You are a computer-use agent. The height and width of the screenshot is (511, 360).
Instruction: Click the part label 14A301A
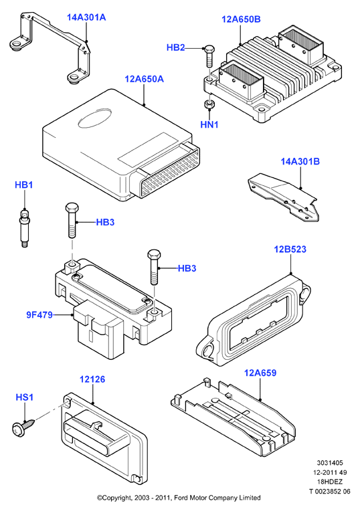point(86,17)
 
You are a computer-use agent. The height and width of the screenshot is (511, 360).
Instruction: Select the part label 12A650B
point(241,19)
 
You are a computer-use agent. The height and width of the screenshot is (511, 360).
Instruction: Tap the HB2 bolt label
point(175,47)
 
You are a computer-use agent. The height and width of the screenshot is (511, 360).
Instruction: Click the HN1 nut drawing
point(208,105)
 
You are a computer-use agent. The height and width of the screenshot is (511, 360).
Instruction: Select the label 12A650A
point(144,79)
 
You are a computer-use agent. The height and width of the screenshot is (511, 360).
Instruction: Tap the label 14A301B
point(300,162)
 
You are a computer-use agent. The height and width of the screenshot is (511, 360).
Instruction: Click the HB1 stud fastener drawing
point(24,229)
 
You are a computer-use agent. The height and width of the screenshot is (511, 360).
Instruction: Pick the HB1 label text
point(24,185)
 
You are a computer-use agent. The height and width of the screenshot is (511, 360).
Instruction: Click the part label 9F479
point(39,315)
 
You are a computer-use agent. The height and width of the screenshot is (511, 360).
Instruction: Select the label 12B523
point(290,249)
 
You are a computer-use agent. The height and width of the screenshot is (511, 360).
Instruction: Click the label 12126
point(92,379)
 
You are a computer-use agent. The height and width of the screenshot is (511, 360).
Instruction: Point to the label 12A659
point(260,373)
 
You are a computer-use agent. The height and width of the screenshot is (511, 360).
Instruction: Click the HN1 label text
point(209,125)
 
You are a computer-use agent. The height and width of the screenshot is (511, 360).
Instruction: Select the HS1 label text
point(25,397)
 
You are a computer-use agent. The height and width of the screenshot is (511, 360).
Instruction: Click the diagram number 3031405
point(330,463)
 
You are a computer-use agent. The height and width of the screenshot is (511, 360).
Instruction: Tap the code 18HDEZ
point(330,482)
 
